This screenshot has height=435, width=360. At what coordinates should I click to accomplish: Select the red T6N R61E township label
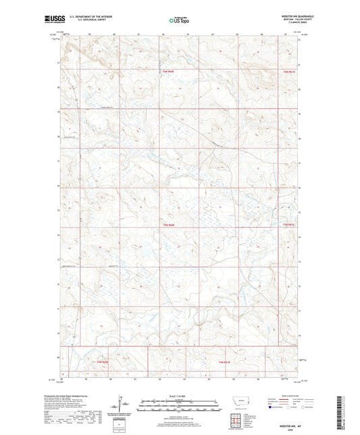[x=290, y=71]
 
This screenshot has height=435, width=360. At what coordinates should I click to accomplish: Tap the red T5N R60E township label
[x=168, y=224]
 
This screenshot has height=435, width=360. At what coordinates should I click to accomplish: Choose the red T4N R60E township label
[x=102, y=363]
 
